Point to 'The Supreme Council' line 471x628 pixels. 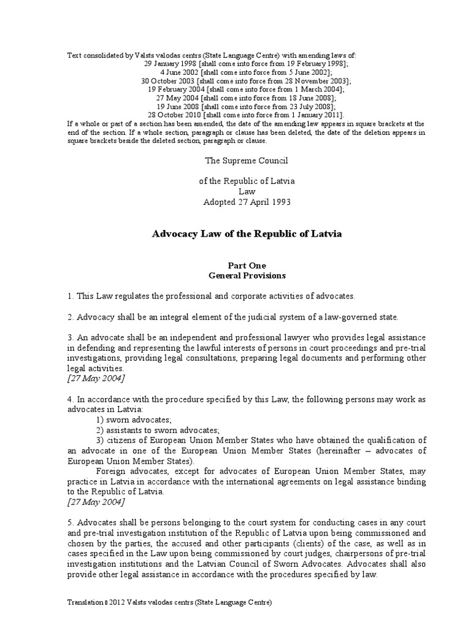[246, 160]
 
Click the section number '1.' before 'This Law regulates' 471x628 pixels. [71, 296]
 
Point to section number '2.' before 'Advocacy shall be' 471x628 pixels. [71, 317]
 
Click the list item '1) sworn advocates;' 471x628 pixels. [134, 419]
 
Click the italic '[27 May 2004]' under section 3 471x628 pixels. [96, 378]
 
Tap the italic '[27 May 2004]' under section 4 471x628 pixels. [96, 502]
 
